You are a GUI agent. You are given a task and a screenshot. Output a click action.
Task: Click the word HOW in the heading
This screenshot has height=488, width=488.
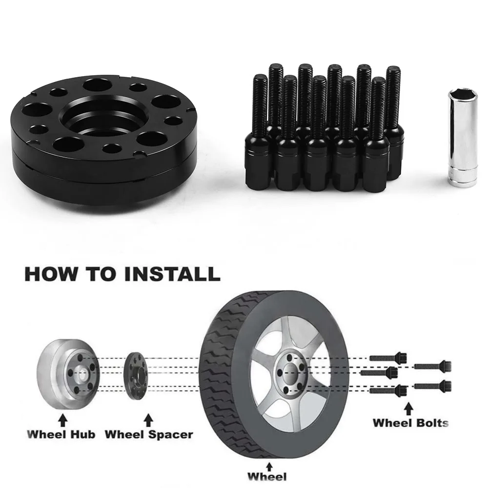tap(50, 274)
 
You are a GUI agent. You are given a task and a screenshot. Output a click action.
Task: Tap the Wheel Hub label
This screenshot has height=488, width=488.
tap(61, 434)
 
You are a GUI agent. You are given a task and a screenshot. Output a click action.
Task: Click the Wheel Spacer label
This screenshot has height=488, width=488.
tap(149, 434)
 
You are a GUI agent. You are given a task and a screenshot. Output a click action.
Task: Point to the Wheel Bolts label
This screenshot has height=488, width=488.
tap(410, 423)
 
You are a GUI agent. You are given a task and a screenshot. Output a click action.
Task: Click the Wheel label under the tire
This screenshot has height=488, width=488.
tap(267, 476)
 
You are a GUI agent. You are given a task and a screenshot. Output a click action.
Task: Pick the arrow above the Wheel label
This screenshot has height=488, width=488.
tap(269, 466)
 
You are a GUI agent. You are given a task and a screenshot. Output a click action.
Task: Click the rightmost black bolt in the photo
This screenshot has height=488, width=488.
tap(394, 123)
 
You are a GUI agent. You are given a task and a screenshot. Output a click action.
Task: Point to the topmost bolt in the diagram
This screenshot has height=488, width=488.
tap(388, 358)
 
